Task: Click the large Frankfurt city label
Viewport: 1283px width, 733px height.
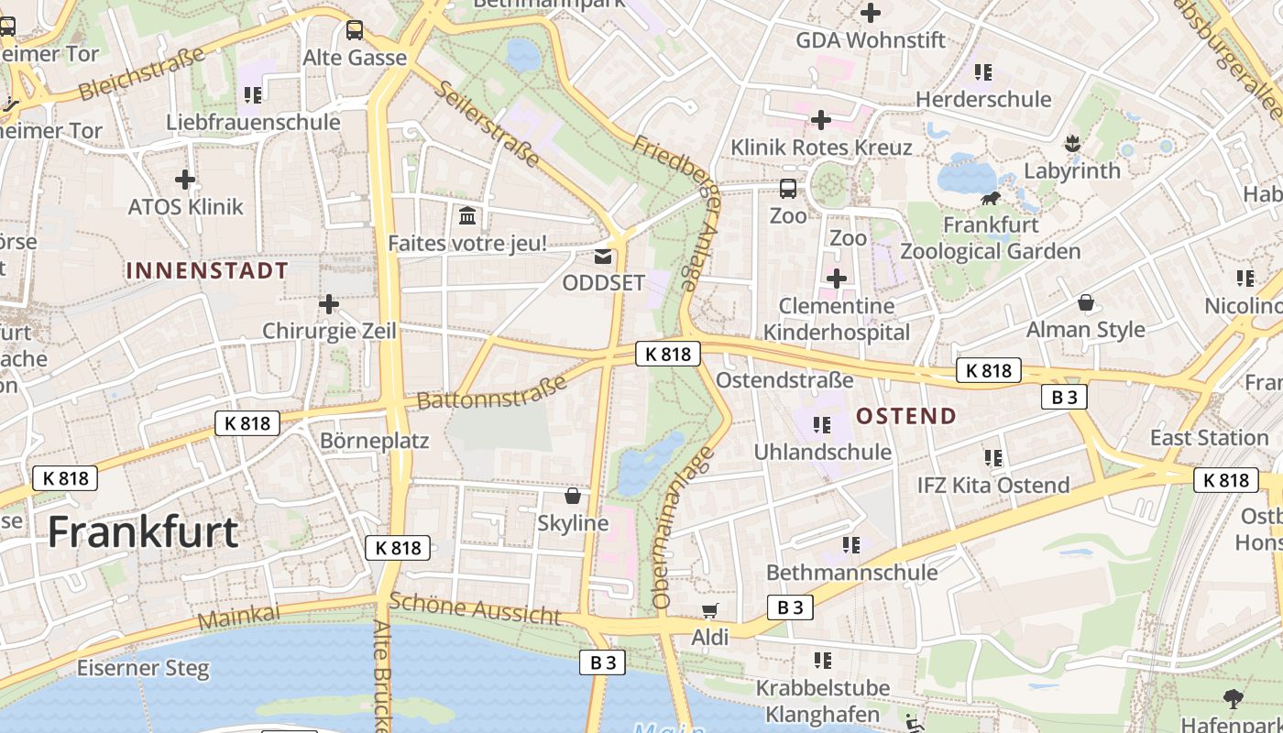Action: coord(143,532)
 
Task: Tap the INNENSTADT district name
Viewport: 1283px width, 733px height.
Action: coord(207,270)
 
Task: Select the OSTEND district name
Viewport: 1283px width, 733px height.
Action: coord(906,416)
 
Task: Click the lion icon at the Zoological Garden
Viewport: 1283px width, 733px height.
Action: coord(990,198)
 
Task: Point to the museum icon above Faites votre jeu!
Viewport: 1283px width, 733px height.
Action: coord(467,216)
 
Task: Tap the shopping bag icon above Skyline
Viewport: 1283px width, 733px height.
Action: coord(573,496)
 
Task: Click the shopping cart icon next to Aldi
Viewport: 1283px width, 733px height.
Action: coord(709,611)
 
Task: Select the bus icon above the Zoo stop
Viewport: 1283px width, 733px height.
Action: coord(788,189)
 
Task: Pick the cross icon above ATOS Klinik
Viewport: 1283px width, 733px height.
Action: coord(185,180)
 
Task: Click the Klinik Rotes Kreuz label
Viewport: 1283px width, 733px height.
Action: coord(821,148)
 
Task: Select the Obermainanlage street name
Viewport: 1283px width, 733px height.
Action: coord(683,527)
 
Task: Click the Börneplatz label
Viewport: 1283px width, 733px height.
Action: coord(375,441)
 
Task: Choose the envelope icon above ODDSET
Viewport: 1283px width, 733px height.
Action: coord(603,257)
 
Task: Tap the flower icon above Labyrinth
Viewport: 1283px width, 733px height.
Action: coord(1071,144)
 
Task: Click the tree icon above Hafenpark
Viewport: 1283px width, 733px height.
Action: coord(1234,698)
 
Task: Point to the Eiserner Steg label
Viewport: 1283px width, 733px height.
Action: coord(143,668)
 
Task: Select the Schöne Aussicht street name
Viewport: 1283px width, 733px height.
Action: coord(475,607)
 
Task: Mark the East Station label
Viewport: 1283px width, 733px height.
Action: coord(1209,438)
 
